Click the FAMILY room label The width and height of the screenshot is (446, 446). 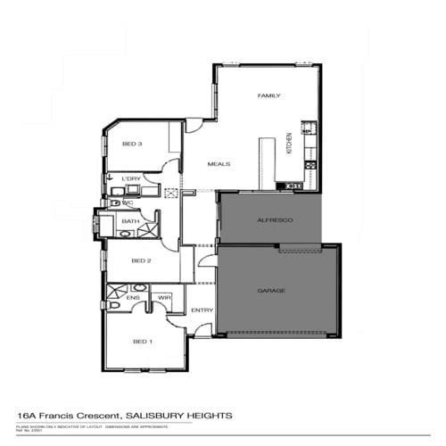pos(269,95)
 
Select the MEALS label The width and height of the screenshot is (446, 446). pos(219,164)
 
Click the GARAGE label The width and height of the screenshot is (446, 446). pos(270,291)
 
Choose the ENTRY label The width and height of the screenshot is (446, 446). pos(202,310)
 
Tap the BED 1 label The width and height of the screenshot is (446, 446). pos(143,342)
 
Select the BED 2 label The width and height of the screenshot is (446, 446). pos(141,260)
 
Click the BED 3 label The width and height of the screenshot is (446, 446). pos(132,145)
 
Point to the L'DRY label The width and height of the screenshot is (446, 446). pos(131,179)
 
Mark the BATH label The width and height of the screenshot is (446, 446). pos(129,221)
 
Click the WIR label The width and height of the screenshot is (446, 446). pos(164,298)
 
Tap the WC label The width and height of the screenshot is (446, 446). pos(128,202)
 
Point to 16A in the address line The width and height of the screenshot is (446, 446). pos(28,416)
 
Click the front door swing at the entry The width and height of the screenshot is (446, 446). pos(202,330)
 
